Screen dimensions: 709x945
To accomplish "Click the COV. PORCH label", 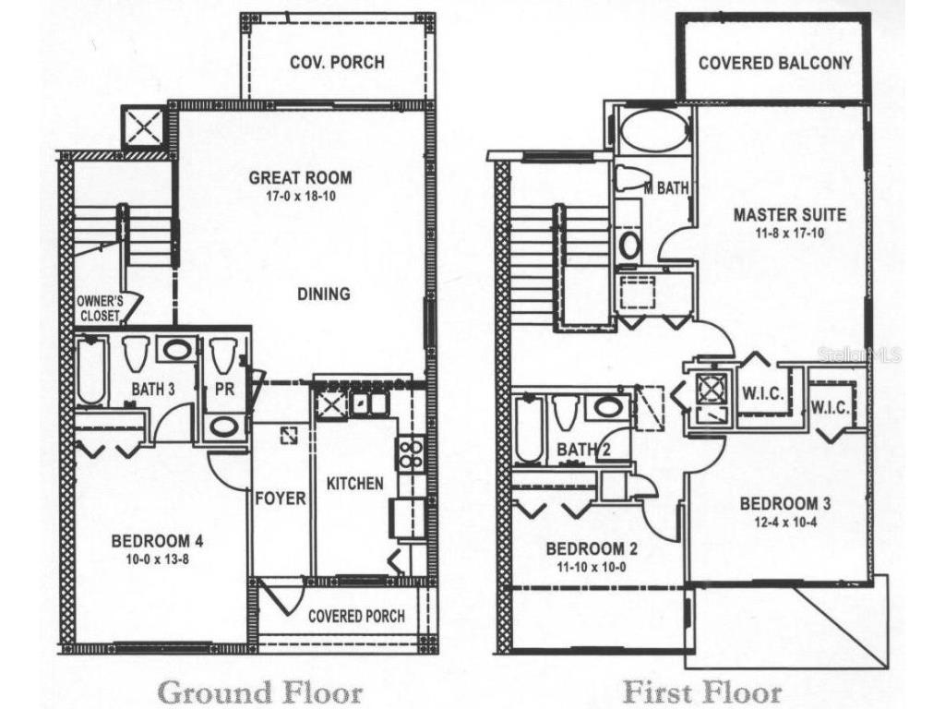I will point(337,63).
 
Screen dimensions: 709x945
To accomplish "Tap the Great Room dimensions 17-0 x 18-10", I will point(300,197).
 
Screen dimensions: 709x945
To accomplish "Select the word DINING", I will point(324,294).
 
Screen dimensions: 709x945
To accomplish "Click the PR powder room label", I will point(224,390).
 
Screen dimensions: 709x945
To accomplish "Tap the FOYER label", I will point(281,499).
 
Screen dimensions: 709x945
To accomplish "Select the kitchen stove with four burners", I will point(409,451).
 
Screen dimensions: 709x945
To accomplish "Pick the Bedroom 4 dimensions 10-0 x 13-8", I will point(157,559).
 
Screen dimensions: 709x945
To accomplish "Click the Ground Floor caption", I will point(261,691).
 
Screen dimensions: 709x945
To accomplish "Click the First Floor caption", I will point(702,691).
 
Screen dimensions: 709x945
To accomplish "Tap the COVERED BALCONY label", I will point(775,64).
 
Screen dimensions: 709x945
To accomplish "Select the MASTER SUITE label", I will point(789,215).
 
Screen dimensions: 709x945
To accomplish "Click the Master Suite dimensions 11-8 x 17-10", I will point(789,233).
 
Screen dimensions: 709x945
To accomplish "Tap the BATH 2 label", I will point(585,450).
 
